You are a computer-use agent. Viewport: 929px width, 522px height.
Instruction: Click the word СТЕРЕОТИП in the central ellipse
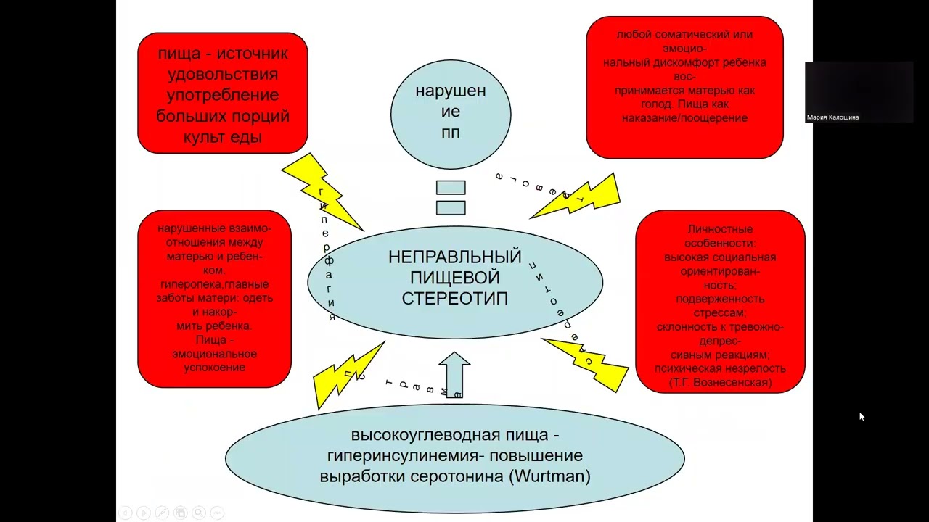pos(455,298)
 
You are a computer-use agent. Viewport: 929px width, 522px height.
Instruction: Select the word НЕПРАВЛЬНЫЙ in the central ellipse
pos(455,257)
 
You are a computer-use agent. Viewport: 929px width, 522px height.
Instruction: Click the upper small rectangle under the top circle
pos(451,188)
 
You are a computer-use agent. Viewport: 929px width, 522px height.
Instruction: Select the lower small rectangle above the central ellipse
pos(451,207)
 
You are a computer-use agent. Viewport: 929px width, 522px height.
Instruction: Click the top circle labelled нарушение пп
pos(451,112)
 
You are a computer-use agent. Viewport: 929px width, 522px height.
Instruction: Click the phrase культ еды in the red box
pos(224,137)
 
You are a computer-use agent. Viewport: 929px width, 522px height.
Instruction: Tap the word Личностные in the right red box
pos(720,230)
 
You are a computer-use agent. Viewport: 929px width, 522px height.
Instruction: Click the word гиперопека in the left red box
pos(187,284)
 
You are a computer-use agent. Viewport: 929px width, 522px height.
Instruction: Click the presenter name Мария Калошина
pos(832,117)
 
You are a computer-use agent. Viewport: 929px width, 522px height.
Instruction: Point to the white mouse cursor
pos(861,416)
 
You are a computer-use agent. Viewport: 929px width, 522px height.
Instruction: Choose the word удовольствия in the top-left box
pos(223,75)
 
